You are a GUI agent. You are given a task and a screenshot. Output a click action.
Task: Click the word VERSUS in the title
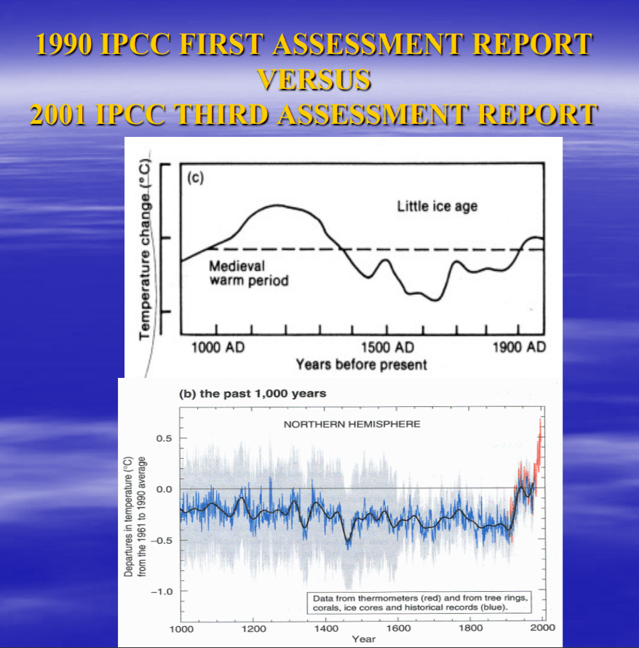pos(314,79)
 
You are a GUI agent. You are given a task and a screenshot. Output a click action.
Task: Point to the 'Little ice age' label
pos(437,206)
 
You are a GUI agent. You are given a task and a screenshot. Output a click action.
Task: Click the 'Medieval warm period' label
pos(248,273)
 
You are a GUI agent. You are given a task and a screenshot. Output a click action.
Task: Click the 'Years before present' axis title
pos(361,363)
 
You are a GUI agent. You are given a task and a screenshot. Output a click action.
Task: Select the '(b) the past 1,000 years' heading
pos(253,393)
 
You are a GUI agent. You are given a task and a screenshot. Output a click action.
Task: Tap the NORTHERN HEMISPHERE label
pos(352,424)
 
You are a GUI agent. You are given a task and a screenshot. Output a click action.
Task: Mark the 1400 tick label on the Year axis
pos(325,628)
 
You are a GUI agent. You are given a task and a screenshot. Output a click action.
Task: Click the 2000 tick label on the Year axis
pos(542,628)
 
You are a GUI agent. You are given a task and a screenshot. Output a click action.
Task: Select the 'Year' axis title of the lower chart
pos(363,639)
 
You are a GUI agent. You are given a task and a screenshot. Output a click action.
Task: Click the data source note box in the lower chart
pos(419,602)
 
